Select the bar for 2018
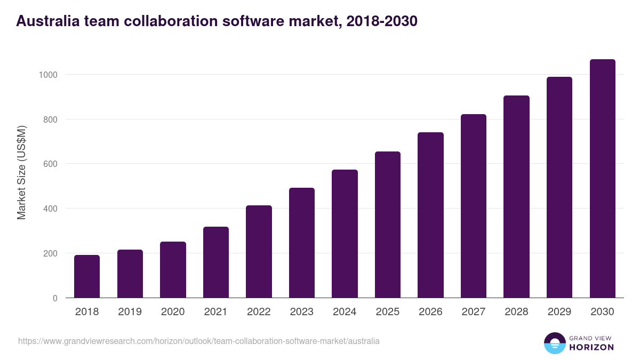[87, 276]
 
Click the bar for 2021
[216, 262]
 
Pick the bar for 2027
[474, 206]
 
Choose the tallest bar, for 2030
[602, 179]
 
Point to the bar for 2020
[173, 270]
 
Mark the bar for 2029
[559, 187]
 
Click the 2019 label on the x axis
[130, 312]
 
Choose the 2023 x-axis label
[301, 312]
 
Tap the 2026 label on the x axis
[430, 312]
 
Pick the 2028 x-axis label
[516, 312]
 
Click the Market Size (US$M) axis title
[21, 173]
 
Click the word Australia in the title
[47, 21]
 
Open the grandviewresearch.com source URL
[199, 341]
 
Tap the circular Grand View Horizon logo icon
[555, 343]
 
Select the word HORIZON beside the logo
[591, 347]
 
